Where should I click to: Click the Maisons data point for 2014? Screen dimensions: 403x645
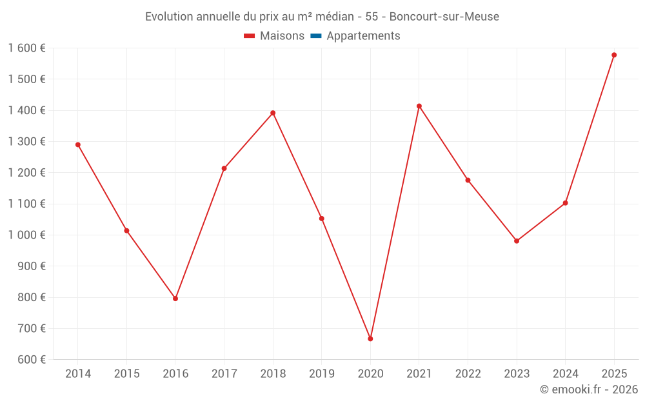(78, 144)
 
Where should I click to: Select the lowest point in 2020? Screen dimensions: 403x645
(370, 339)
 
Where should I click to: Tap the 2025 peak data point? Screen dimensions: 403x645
(614, 55)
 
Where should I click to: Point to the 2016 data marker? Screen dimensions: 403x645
(175, 299)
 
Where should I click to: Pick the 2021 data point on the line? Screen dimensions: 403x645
(419, 106)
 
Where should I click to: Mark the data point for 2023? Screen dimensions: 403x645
(517, 241)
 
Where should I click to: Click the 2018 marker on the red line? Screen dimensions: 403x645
(273, 113)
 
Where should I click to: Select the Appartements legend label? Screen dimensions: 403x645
(363, 36)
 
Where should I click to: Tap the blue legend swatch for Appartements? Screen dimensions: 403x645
(316, 36)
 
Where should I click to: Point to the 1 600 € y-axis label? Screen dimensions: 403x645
(26, 48)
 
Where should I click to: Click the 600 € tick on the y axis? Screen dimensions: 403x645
(30, 360)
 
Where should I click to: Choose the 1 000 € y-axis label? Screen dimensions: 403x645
(26, 235)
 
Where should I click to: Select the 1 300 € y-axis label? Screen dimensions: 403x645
(26, 142)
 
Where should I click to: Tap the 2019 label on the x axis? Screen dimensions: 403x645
(322, 374)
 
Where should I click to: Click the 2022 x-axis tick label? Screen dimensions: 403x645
(468, 374)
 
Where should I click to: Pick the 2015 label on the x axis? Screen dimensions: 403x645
(126, 374)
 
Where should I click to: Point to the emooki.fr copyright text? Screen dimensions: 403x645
(588, 389)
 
